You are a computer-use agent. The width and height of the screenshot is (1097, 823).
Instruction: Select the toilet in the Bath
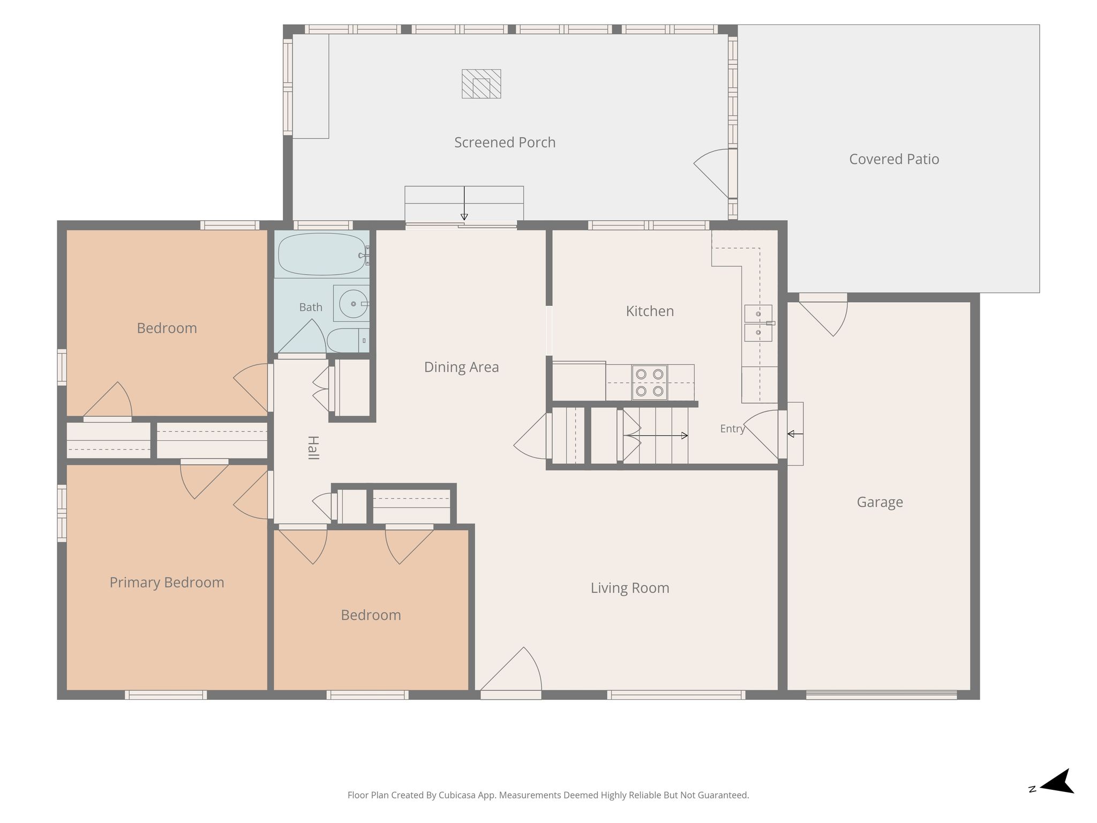click(x=347, y=340)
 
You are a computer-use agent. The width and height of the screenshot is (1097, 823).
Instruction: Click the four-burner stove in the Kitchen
click(x=649, y=383)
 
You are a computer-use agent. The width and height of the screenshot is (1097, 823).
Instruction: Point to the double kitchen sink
click(x=758, y=323)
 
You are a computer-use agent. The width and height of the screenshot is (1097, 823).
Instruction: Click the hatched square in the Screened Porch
click(x=482, y=84)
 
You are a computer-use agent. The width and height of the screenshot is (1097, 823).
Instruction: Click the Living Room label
click(x=630, y=588)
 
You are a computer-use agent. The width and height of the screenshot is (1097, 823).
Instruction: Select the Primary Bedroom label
click(x=167, y=582)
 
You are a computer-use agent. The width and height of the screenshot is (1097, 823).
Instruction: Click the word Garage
click(x=880, y=502)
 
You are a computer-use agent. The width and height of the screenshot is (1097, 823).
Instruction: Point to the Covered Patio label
click(x=894, y=159)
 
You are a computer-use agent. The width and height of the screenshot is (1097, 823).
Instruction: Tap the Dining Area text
click(x=461, y=367)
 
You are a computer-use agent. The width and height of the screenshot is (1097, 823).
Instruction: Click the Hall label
click(x=313, y=448)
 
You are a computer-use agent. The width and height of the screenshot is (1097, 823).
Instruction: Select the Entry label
click(x=732, y=429)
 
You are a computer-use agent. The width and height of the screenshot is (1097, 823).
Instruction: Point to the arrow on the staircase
click(x=664, y=436)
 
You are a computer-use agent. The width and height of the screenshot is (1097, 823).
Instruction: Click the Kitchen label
click(x=650, y=311)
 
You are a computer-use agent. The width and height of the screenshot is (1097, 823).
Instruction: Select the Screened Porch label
click(x=505, y=143)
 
